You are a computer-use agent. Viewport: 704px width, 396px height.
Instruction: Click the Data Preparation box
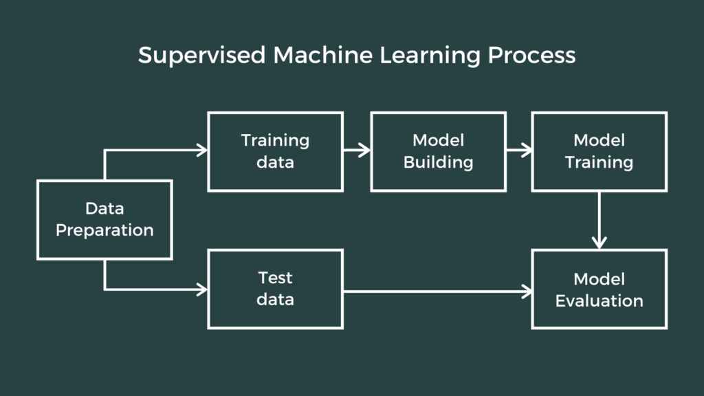coord(104,220)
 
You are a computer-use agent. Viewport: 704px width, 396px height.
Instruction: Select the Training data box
coord(275,152)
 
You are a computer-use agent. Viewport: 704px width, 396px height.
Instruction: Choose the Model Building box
coord(438,152)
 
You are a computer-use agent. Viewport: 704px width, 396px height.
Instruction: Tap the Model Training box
coord(599,152)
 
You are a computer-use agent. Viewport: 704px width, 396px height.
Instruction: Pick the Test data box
coord(275,289)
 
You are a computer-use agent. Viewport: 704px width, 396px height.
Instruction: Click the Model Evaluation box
coord(599,289)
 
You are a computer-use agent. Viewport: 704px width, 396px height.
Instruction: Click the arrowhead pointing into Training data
coord(201,151)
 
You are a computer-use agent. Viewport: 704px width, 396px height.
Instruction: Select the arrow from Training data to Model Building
coord(357,151)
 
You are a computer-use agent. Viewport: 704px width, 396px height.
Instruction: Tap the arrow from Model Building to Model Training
coord(519,151)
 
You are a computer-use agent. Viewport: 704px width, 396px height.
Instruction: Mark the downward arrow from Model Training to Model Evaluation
coord(599,220)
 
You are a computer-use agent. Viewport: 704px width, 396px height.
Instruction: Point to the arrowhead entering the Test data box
coord(201,289)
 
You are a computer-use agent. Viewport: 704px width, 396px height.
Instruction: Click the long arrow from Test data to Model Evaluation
coord(437,291)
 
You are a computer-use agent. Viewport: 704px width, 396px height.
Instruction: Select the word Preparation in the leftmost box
coord(104,231)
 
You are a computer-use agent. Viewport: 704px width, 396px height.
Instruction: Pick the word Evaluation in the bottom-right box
coord(599,300)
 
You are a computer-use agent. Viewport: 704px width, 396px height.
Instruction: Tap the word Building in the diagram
coord(438,163)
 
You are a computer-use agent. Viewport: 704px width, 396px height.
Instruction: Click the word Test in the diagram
coord(275,278)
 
